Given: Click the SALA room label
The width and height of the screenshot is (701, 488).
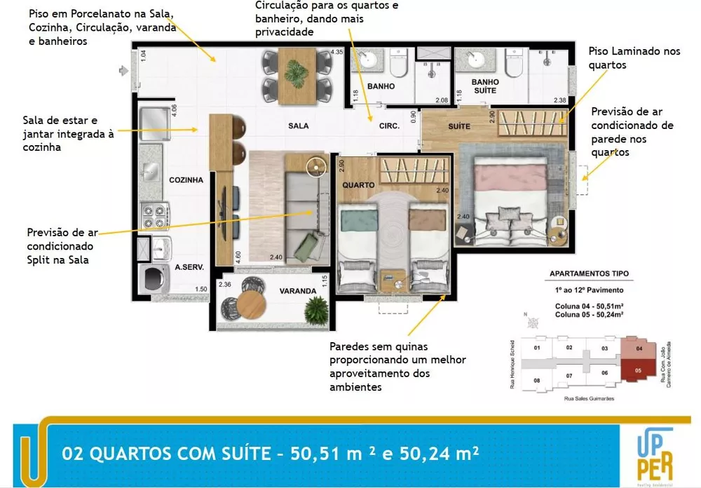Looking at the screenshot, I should (298, 126).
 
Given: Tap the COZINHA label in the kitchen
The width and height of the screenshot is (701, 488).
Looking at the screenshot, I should (186, 180).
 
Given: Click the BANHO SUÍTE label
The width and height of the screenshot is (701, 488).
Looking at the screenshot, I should (484, 86).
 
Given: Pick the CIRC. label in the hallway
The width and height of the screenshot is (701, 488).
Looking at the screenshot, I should (389, 126).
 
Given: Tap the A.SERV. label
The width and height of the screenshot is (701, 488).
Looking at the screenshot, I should (189, 267).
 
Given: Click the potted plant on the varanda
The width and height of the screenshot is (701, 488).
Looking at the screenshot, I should (318, 306).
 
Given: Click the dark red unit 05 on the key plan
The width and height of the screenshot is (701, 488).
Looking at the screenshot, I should (638, 370).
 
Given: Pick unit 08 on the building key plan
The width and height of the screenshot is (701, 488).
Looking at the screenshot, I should (537, 381).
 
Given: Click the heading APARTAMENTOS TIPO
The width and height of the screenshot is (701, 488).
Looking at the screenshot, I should (589, 273).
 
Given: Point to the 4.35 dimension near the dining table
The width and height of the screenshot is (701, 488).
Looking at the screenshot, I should (336, 52).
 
